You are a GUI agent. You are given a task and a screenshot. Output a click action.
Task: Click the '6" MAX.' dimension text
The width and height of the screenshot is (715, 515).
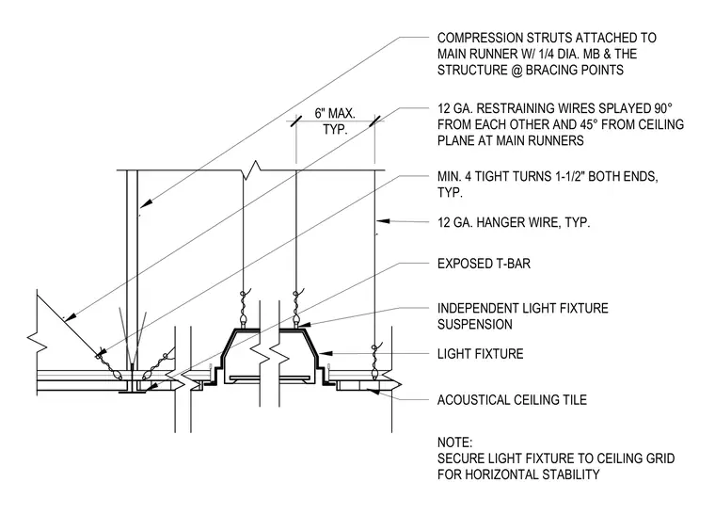coord(335,114)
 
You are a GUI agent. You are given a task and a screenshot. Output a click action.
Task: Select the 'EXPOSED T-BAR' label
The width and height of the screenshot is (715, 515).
coord(484,264)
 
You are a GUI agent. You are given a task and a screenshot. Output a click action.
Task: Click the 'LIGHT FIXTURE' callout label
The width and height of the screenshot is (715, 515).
coord(480,353)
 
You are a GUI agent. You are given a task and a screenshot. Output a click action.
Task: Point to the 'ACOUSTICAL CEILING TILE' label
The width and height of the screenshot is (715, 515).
coord(512,400)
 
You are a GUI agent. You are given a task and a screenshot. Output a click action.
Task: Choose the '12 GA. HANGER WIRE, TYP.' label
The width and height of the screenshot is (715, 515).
coord(514,222)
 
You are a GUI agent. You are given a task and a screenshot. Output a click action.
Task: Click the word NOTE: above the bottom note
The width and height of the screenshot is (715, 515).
coord(455,443)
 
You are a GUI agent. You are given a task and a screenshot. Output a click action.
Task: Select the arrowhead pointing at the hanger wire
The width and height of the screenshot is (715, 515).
coord(382,221)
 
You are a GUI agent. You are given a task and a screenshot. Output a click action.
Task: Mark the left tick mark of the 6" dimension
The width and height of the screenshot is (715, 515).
coord(296,121)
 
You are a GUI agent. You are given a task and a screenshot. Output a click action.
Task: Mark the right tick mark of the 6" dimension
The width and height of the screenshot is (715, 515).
coord(374,121)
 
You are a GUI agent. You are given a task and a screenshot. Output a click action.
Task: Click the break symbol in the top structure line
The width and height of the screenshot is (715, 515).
coord(252,170)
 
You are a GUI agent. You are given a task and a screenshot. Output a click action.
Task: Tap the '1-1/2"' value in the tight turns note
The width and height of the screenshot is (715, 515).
coord(566,176)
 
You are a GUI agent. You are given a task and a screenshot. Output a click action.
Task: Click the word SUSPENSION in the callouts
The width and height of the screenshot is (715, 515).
coord(475,324)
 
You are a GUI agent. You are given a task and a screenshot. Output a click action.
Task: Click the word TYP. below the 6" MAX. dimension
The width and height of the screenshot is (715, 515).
coord(335,130)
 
